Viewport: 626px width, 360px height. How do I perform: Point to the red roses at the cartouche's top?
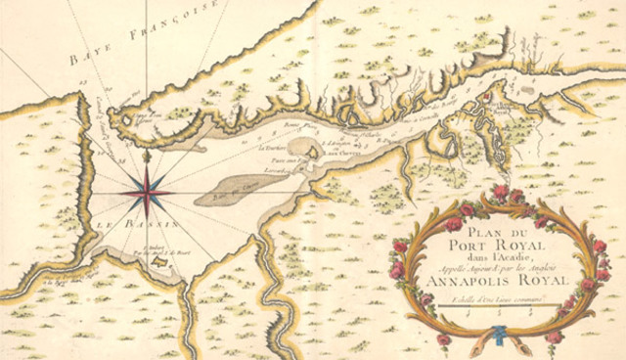(503, 195)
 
